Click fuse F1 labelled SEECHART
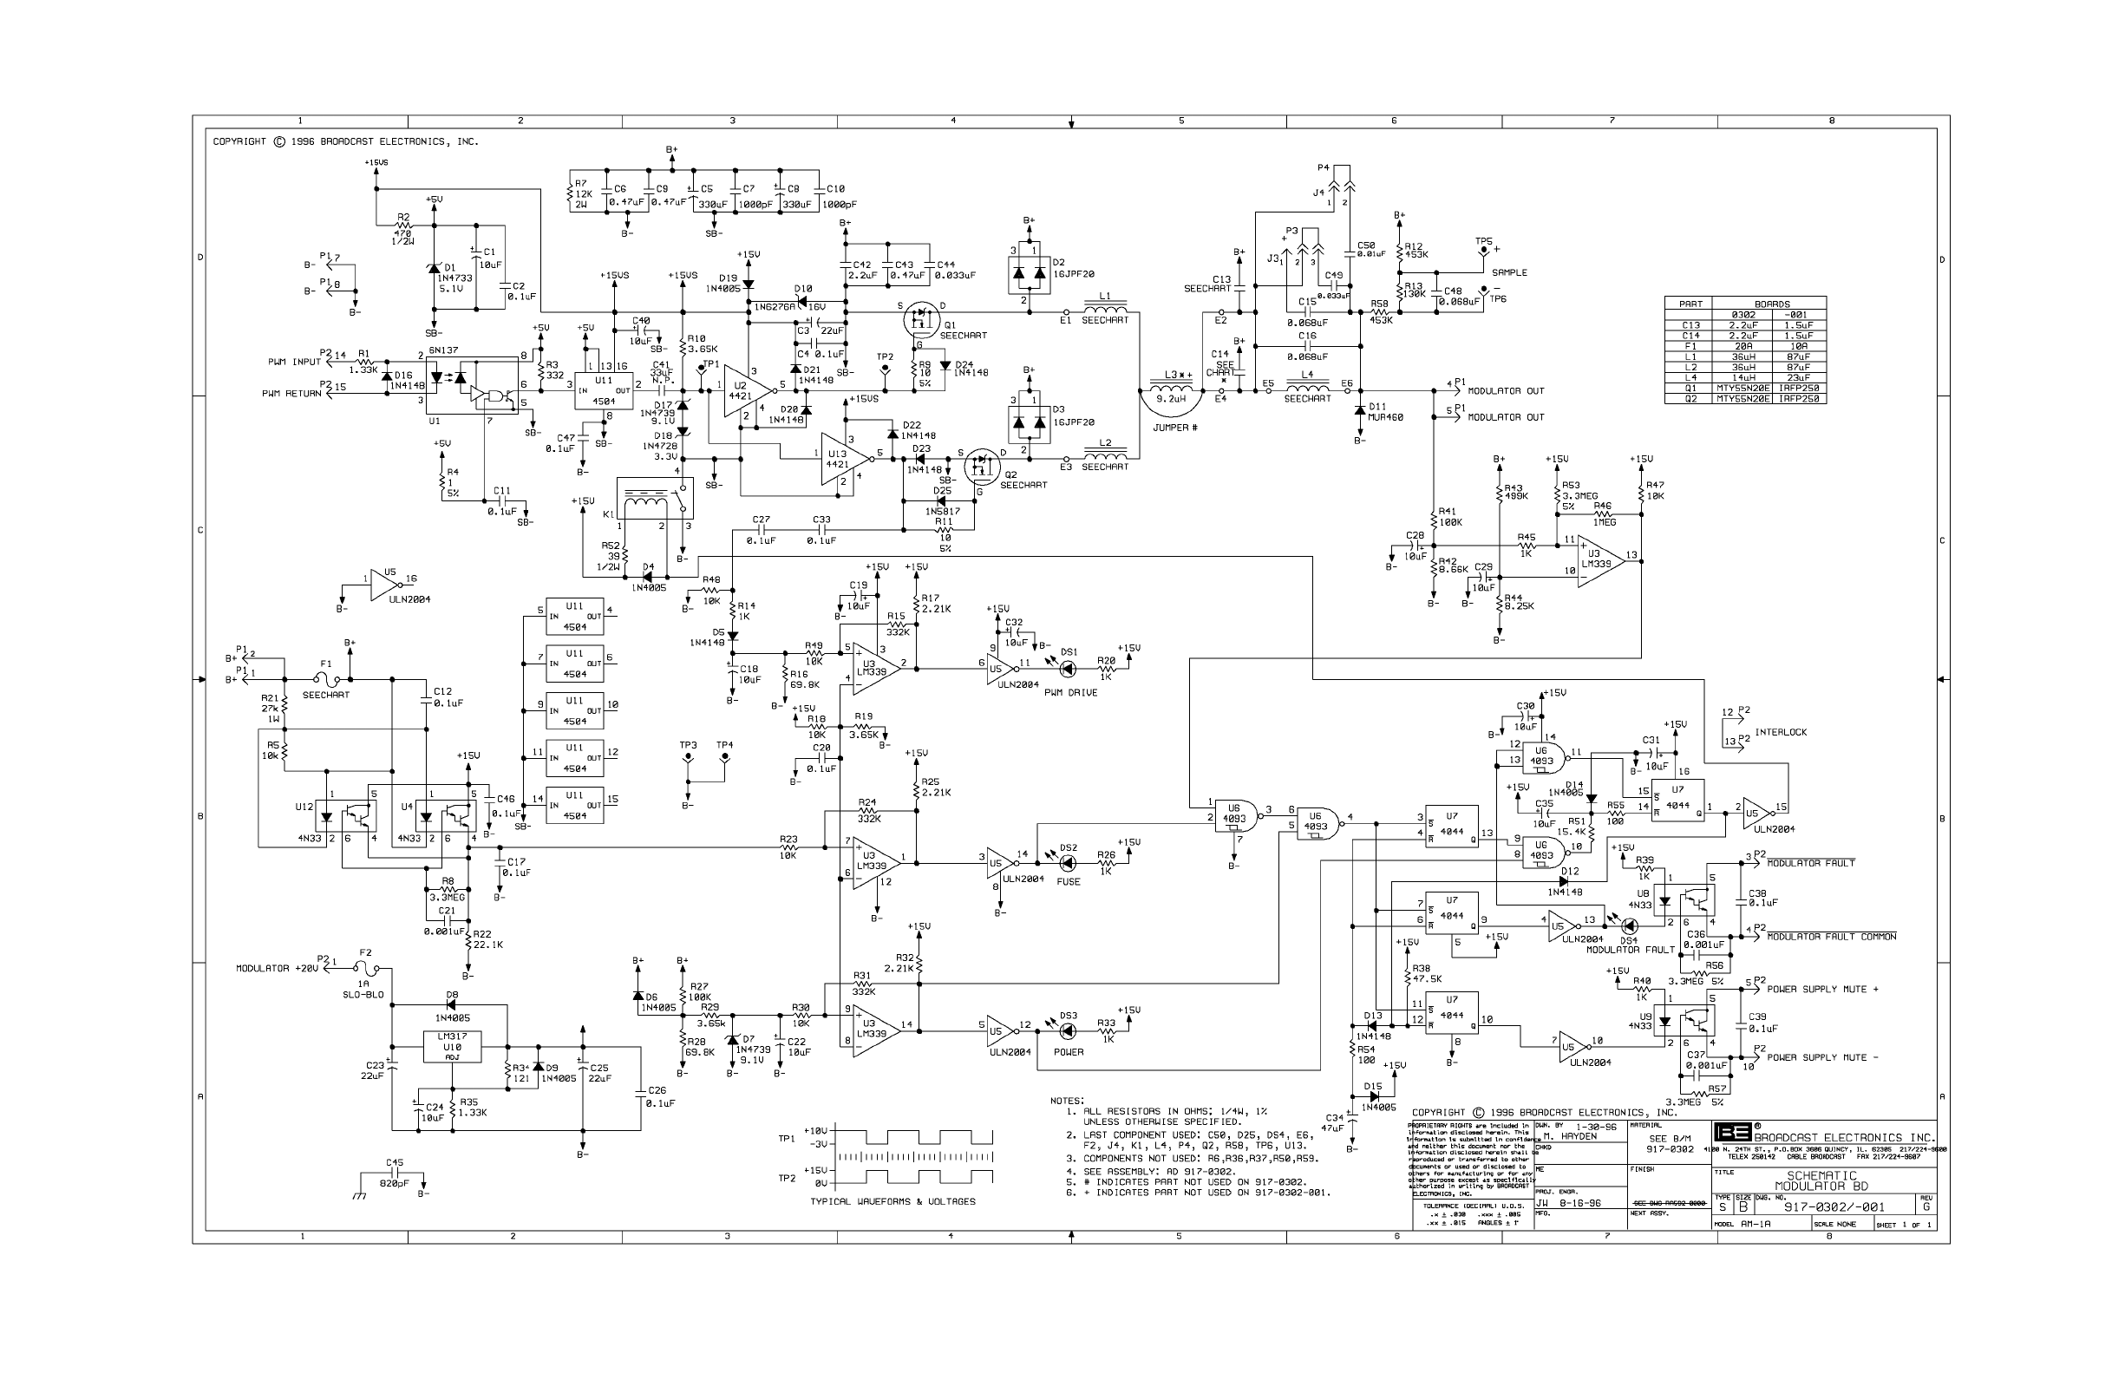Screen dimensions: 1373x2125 click(325, 679)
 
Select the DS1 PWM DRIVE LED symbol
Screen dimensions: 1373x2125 click(1067, 668)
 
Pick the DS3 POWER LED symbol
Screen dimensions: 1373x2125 click(1067, 1031)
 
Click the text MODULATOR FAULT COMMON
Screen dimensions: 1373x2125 click(1831, 937)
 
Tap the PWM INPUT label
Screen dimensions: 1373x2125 click(294, 362)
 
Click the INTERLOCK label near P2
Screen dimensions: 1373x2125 click(1780, 732)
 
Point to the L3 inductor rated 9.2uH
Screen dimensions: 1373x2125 click(1170, 389)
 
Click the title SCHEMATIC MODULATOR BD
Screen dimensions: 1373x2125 click(1821, 1180)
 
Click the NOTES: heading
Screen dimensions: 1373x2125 click(1067, 1101)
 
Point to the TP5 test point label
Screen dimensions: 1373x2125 click(1483, 242)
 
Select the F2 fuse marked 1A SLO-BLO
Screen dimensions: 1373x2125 click(365, 967)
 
